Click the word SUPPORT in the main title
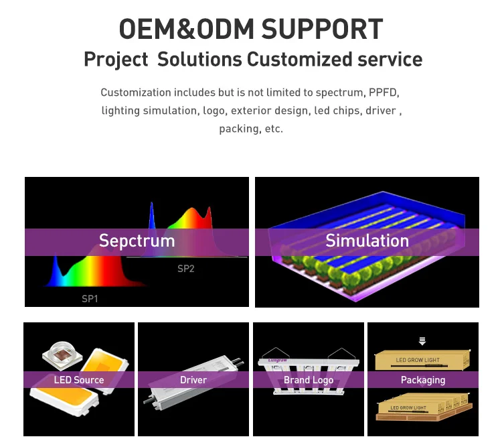click(x=322, y=29)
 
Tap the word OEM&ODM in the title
click(x=185, y=29)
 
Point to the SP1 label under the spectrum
click(x=90, y=299)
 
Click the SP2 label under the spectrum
click(x=185, y=269)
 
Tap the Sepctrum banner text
click(x=137, y=241)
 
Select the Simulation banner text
click(x=367, y=241)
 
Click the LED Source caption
click(x=79, y=380)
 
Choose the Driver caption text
click(x=193, y=380)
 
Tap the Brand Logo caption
click(x=309, y=380)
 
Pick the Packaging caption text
click(x=423, y=380)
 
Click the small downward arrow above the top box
click(x=422, y=340)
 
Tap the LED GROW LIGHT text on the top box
click(x=418, y=361)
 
